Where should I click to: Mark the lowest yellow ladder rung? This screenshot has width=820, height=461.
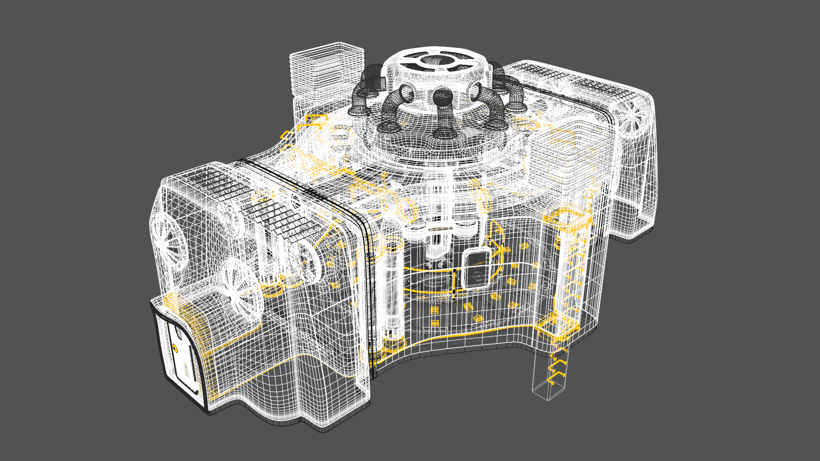click(555, 378)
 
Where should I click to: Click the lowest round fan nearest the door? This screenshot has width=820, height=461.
click(241, 290)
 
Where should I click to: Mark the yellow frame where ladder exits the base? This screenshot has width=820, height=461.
click(555, 329)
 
